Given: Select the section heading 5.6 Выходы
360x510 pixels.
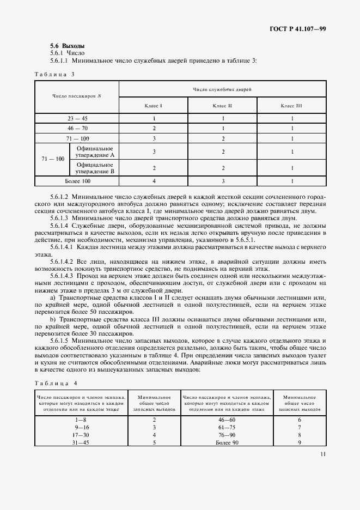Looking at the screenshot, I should tap(67, 46).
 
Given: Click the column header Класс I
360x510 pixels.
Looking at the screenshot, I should tap(154, 105).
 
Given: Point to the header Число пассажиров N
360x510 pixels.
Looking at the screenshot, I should tap(77, 96).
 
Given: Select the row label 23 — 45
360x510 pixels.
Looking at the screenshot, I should tap(77, 118).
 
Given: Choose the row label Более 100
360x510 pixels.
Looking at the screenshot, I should tap(77, 180).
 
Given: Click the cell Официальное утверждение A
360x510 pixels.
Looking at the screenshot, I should tap(95, 151).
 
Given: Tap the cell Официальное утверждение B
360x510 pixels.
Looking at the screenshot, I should tap(95, 167).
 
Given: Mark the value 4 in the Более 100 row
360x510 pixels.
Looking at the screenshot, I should tap(154, 180).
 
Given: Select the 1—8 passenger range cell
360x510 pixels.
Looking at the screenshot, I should tap(81, 420).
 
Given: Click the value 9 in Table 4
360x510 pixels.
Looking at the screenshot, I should tap(299, 443).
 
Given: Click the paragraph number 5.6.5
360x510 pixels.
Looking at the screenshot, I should tap(58, 341).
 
